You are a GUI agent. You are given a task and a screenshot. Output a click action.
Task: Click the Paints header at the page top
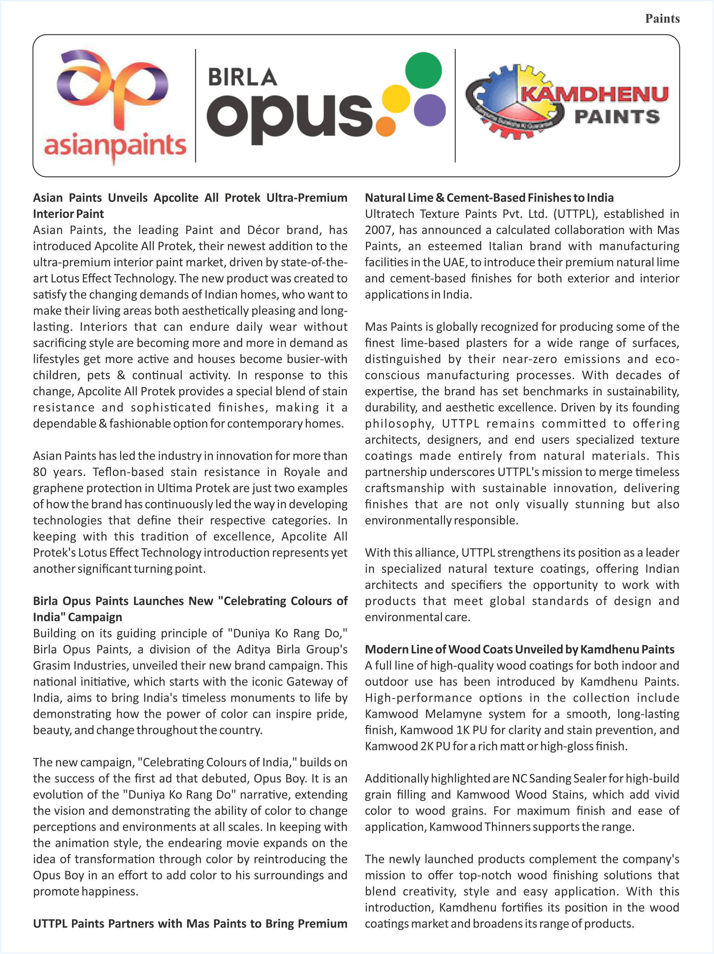pyautogui.click(x=662, y=18)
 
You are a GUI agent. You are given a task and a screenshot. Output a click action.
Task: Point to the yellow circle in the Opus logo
pyautogui.click(x=396, y=99)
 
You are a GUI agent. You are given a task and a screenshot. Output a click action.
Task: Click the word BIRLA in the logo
pyautogui.click(x=243, y=78)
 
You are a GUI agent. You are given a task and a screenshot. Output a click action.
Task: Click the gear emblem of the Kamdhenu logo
pyautogui.click(x=513, y=102)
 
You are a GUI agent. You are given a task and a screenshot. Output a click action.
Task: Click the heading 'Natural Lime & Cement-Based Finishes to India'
pyautogui.click(x=489, y=198)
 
